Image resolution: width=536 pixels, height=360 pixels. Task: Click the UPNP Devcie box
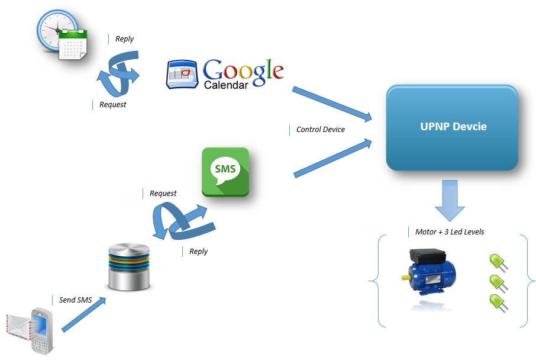(x=452, y=127)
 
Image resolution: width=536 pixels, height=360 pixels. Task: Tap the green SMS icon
(x=225, y=172)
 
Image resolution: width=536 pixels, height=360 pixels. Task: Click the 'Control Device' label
(x=320, y=129)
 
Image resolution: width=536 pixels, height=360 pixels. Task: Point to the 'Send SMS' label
(x=75, y=300)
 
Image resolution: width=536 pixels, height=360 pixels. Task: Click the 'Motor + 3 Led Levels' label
(x=450, y=232)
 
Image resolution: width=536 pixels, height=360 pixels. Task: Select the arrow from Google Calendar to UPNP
(x=332, y=101)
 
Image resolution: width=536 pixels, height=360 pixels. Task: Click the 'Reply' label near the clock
(x=124, y=39)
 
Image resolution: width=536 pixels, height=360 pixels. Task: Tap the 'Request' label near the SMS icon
(x=163, y=193)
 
